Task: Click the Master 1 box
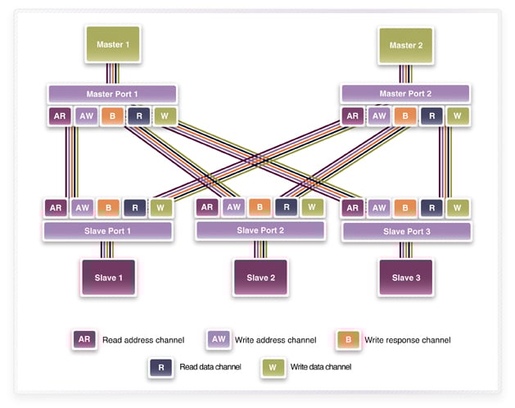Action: click(x=112, y=45)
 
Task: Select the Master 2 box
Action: click(x=405, y=45)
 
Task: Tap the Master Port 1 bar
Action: click(x=112, y=93)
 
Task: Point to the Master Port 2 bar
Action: click(x=405, y=93)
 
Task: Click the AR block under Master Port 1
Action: click(x=60, y=116)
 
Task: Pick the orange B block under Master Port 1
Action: click(x=112, y=116)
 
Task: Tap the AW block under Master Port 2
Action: click(x=379, y=116)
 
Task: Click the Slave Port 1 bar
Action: click(x=108, y=231)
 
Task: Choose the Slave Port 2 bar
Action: click(x=260, y=230)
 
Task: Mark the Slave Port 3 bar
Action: click(x=406, y=231)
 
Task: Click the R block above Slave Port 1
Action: click(x=135, y=209)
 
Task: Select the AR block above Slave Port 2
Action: click(x=207, y=207)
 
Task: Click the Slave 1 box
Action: click(x=108, y=278)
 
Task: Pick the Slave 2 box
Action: click(x=260, y=278)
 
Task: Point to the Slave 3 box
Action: click(x=406, y=278)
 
